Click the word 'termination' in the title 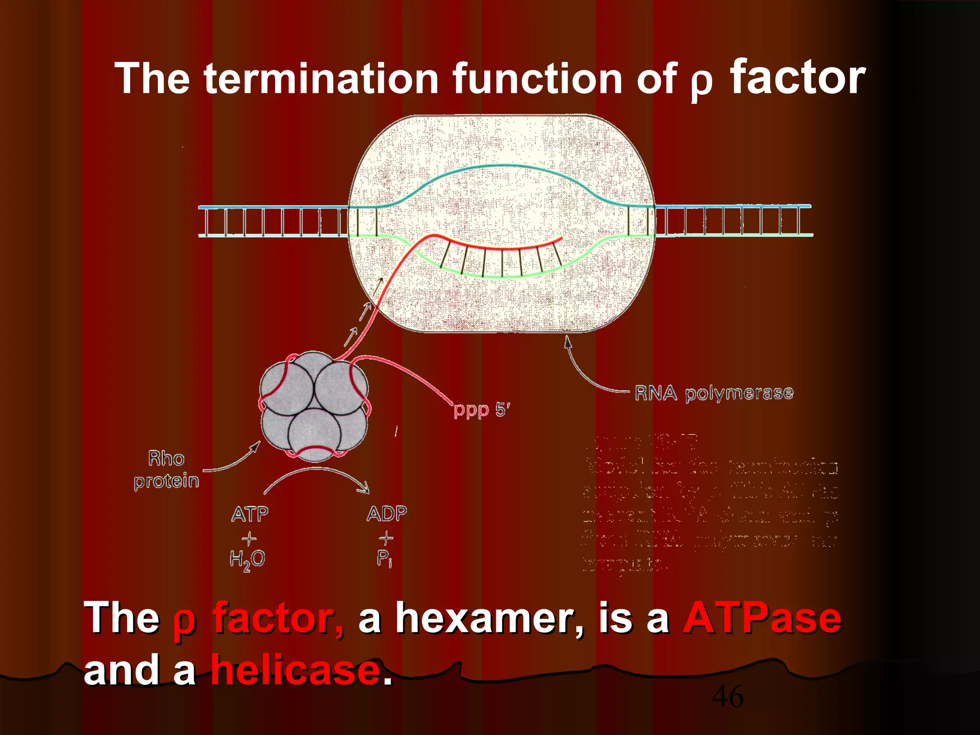click(321, 78)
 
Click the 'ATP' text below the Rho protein click(250, 514)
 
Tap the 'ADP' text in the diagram click(387, 513)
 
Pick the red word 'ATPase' click(762, 618)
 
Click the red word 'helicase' click(296, 670)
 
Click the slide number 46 click(727, 696)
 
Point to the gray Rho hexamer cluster click(314, 407)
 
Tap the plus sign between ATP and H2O click(249, 539)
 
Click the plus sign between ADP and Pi click(386, 538)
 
